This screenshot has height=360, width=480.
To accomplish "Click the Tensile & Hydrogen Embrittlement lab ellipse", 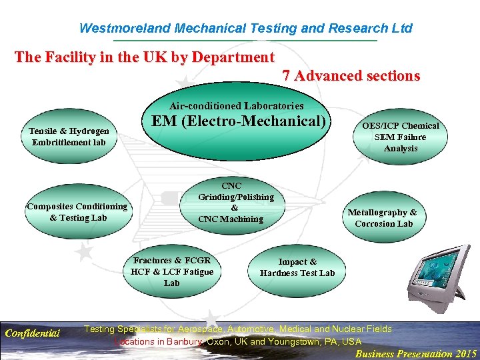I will [x=69, y=137].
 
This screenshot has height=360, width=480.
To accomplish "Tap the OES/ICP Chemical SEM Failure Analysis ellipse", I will [x=400, y=137].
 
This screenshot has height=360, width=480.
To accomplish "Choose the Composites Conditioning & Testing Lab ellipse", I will [x=77, y=212].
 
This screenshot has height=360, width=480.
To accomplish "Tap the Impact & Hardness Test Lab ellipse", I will [x=297, y=267].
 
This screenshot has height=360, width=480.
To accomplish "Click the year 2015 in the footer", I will [x=464, y=353].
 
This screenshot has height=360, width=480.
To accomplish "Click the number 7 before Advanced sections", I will [x=286, y=76].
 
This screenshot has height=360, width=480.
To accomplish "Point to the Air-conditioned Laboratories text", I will [x=237, y=105].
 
